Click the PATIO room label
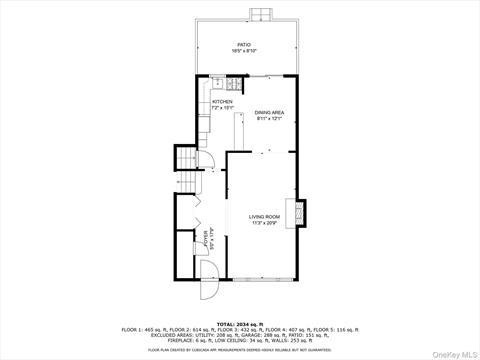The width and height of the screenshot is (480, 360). pyautogui.click(x=244, y=44)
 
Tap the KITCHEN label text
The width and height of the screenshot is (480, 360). pyautogui.click(x=221, y=101)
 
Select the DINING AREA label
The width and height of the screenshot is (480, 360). pyautogui.click(x=269, y=113)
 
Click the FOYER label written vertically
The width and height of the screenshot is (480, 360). pyautogui.click(x=206, y=240)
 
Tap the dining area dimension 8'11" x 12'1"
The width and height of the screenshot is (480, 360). pyautogui.click(x=269, y=119)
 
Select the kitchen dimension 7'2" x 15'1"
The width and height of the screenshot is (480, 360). pyautogui.click(x=221, y=107)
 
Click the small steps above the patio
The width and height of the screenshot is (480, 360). pyautogui.click(x=259, y=14)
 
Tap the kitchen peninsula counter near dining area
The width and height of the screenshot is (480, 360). pyautogui.click(x=240, y=129)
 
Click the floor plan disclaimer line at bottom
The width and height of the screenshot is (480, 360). pyautogui.click(x=240, y=350)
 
